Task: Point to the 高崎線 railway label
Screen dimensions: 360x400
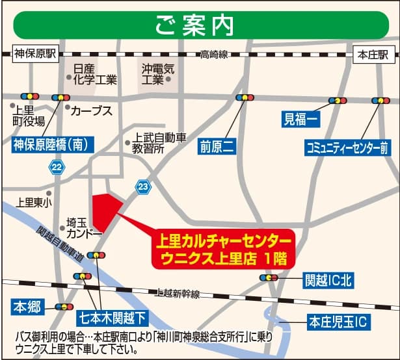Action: coord(214,56)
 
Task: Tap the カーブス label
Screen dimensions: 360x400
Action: coord(92,110)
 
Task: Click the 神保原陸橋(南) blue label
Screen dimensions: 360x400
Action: coord(49,143)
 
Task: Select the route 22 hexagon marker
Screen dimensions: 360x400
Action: coord(57,168)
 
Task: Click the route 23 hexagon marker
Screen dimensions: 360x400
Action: coord(143,187)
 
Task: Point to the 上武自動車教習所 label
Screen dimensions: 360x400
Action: coord(159,143)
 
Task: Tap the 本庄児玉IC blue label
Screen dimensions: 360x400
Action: coord(338,321)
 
